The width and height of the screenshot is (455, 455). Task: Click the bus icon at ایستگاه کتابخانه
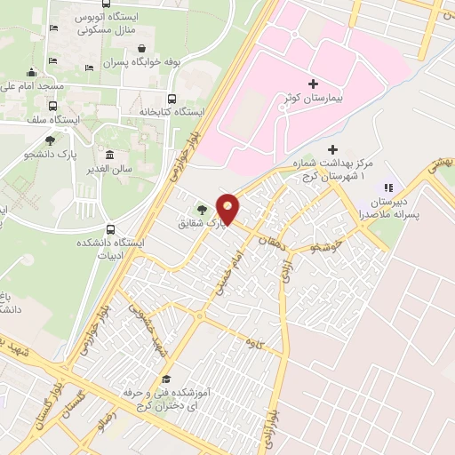(x=172, y=100)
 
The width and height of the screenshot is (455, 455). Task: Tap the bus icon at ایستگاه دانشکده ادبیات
(x=110, y=227)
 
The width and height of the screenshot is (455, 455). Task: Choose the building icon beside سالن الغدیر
(x=109, y=156)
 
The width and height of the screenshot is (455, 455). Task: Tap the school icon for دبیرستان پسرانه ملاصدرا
(x=387, y=188)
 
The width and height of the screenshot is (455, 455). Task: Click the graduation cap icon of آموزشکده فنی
(x=165, y=379)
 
